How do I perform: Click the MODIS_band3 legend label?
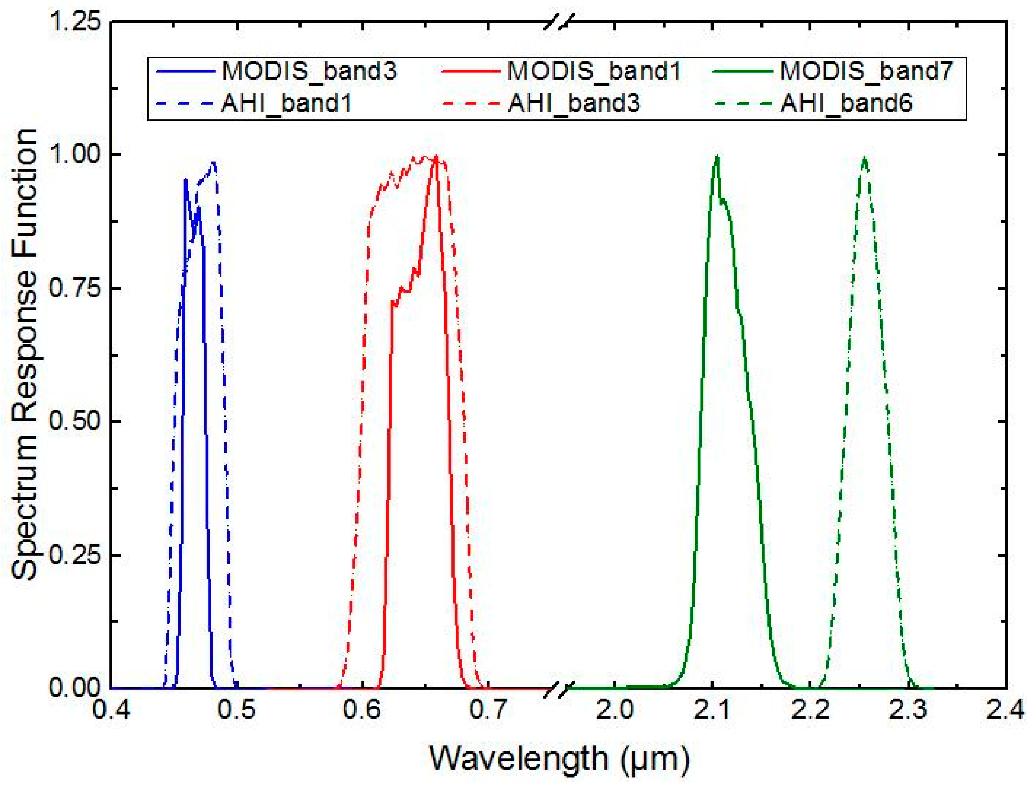pos(309,71)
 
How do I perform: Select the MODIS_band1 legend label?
pos(594,71)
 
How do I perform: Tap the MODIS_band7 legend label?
pos(866,71)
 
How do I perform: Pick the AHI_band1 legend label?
pos(286,103)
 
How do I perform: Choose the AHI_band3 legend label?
pos(574,103)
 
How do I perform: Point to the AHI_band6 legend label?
pos(846,103)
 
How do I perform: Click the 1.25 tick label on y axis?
pos(75,22)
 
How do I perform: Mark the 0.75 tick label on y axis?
pos(75,288)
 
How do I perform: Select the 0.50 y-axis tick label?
pos(75,421)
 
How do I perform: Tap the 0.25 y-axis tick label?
pos(75,555)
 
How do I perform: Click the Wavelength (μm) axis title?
pos(559,758)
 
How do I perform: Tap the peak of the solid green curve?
pos(717,157)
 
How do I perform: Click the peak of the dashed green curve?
pos(864,159)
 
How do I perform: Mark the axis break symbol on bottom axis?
pos(559,688)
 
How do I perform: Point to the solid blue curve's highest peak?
pos(185,179)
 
